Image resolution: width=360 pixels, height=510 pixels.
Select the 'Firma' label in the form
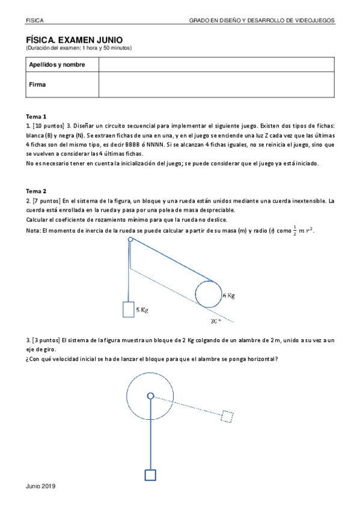coord(37,85)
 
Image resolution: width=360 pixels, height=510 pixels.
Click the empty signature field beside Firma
coord(216,85)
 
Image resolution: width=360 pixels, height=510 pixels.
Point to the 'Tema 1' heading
coord(36,116)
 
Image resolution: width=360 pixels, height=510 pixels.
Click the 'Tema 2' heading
coord(36,191)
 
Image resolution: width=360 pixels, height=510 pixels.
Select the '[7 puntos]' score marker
coord(46,200)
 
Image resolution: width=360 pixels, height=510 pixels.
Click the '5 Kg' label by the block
coord(142,310)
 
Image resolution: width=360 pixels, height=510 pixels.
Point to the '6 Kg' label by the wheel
coord(228,295)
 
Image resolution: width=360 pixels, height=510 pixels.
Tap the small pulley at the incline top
coord(130,240)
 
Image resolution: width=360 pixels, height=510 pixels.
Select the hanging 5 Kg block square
coord(128,309)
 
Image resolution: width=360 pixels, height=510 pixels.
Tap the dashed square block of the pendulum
coord(227,416)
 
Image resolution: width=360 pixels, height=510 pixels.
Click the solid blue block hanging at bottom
coord(150,475)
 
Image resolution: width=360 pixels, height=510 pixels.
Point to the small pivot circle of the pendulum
coord(150,396)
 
